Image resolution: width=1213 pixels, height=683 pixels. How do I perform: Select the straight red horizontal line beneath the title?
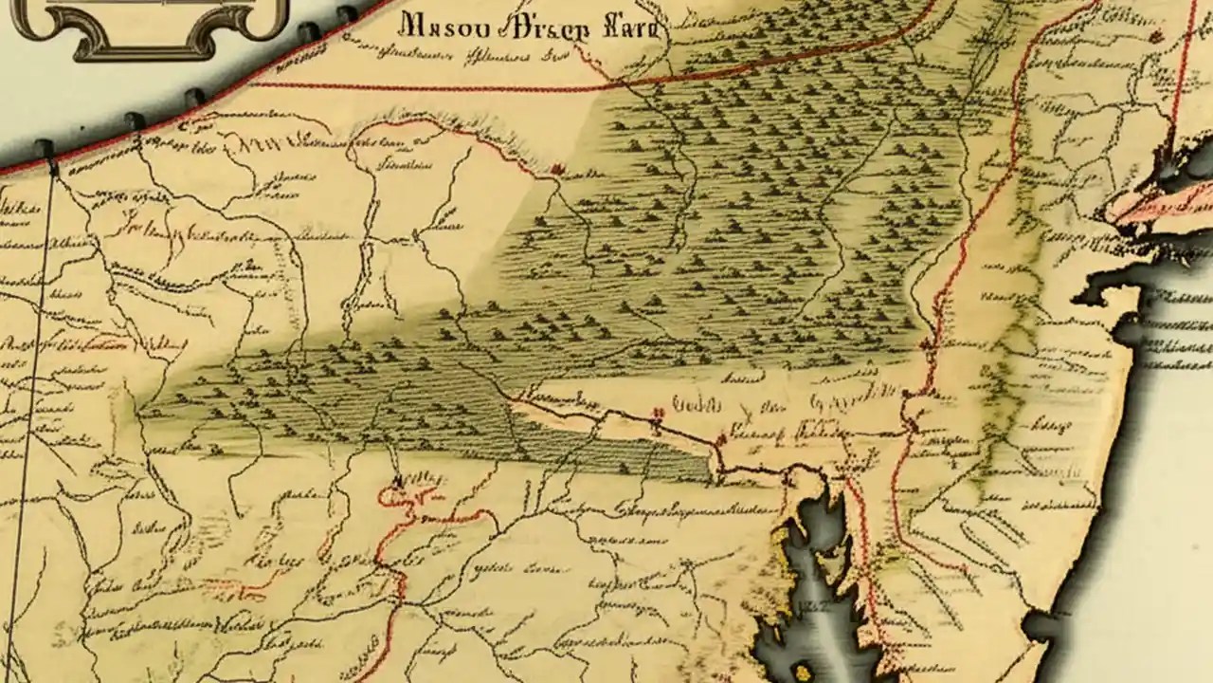[x=426, y=87]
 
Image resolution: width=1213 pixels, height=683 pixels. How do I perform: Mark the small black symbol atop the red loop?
[x=399, y=481]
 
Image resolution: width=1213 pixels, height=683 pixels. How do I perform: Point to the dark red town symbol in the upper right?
[x=1155, y=37]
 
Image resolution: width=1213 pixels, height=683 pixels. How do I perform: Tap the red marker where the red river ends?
[x=557, y=170]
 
